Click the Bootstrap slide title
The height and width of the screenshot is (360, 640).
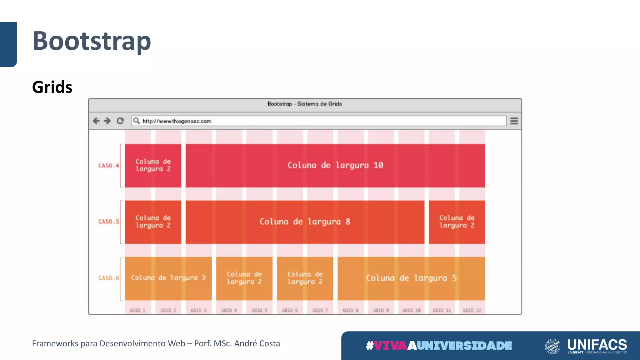click(92, 41)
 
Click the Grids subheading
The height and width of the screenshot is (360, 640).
click(52, 87)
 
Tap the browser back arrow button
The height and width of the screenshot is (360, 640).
click(96, 121)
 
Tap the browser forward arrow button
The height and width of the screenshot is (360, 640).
click(107, 121)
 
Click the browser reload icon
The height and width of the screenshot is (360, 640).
click(120, 121)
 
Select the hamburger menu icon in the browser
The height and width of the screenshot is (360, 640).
click(514, 121)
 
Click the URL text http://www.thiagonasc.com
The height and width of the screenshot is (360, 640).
click(177, 121)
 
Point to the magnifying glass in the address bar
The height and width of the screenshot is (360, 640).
click(137, 121)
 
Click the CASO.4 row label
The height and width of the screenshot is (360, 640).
click(109, 165)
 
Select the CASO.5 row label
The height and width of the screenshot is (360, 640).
click(109, 222)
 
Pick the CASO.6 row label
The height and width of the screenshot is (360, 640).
click(109, 278)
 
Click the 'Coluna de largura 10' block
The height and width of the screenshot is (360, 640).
click(335, 165)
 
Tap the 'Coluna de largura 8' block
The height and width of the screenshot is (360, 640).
click(305, 222)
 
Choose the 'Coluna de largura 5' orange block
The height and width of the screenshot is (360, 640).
click(411, 278)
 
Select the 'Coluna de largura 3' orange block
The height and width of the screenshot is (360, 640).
click(168, 278)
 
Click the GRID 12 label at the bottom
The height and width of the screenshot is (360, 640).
click(472, 310)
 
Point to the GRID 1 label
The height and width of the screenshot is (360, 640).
click(138, 310)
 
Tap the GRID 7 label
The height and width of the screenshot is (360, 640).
click(320, 310)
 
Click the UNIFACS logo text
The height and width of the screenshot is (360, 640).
click(597, 345)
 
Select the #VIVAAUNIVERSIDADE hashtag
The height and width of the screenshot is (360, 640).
click(439, 346)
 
